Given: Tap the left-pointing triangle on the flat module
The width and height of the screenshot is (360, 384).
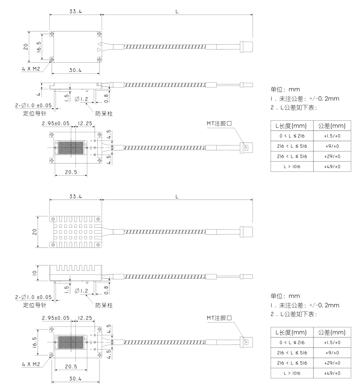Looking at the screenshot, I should [99, 43].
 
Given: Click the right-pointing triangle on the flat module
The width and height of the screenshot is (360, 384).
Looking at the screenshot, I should [99, 49].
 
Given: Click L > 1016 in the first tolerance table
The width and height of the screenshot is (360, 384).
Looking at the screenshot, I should [292, 166].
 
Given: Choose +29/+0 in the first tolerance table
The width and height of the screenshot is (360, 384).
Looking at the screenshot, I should [332, 156].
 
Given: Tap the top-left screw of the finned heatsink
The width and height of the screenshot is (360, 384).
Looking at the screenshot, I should [53, 219].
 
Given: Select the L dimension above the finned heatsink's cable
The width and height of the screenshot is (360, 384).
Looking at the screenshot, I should [177, 196].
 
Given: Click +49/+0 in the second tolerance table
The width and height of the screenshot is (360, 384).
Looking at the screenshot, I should [332, 373].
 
